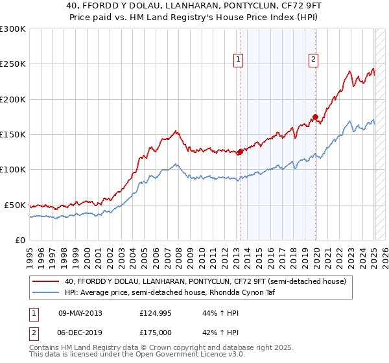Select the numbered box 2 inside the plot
point(313,60)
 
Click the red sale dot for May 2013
point(240,152)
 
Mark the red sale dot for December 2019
point(315,117)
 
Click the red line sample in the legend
point(47,281)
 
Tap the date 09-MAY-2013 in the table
point(80,313)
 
